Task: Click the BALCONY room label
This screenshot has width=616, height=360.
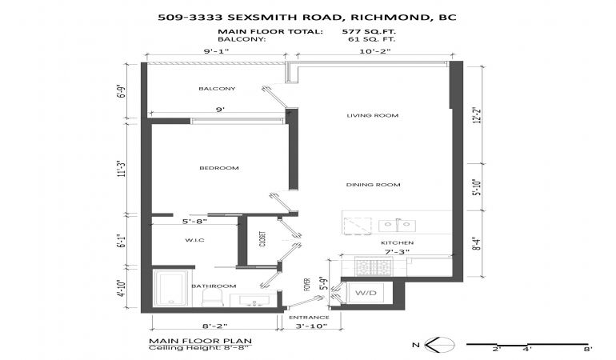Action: tap(217, 89)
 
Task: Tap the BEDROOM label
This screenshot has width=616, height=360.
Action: tap(219, 168)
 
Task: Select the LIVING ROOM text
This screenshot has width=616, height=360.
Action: tap(373, 115)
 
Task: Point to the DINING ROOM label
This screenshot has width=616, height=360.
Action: tap(374, 185)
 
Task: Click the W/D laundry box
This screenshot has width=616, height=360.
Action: tap(366, 293)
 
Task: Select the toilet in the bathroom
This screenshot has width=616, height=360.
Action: tap(213, 298)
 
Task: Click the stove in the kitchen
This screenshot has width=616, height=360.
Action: tap(371, 266)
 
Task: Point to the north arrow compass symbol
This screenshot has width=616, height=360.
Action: tap(439, 345)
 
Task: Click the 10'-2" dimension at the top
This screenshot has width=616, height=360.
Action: tap(375, 51)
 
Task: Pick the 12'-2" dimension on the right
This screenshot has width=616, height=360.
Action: tap(478, 115)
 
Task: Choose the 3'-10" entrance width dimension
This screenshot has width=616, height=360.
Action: tap(311, 326)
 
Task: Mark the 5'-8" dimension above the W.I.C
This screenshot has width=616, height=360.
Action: tap(195, 222)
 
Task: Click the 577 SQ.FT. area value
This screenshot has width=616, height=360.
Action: tap(369, 32)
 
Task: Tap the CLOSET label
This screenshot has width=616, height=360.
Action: tap(263, 238)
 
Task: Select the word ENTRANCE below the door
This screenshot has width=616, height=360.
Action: tap(309, 317)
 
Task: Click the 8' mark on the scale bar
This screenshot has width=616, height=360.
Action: tap(587, 349)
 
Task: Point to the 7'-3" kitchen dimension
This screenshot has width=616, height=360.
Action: tap(397, 251)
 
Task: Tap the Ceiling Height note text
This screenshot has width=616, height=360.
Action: tap(200, 348)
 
